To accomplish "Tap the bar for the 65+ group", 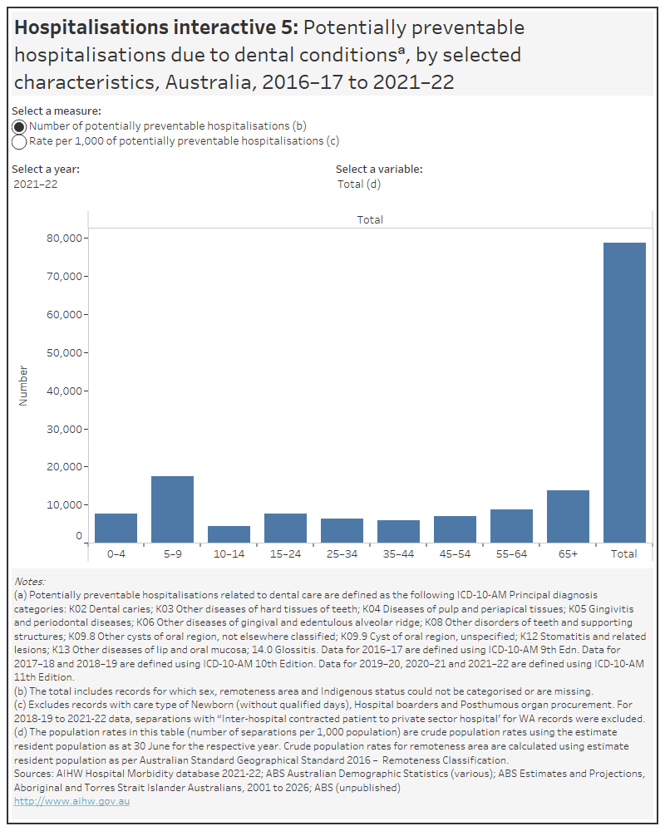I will click(x=568, y=516).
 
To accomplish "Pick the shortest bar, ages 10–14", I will click(x=229, y=534).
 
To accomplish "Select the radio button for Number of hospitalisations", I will click(x=19, y=126).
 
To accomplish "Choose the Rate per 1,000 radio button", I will click(x=19, y=141).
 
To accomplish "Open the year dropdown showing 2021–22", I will click(x=36, y=184).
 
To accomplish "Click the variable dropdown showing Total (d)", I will click(x=358, y=184).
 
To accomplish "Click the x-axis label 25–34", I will click(x=342, y=553).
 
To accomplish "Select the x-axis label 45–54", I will click(x=455, y=553).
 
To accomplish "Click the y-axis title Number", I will click(x=23, y=386).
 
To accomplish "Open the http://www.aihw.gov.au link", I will click(x=71, y=801).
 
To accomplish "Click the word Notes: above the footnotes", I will click(x=30, y=581).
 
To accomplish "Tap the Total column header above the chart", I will click(x=370, y=219).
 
